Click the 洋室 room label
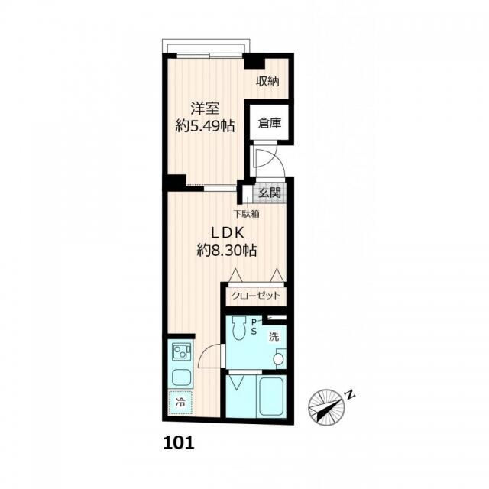205,109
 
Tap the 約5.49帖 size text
205,126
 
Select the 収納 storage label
267,82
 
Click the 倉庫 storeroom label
270,123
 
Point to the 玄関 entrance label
270,193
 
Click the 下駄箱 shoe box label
247,214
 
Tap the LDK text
228,232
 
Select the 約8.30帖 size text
227,250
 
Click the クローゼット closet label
256,296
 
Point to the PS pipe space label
254,327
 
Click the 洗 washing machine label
274,337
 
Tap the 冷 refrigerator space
180,403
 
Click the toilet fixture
239,329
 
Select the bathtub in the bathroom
271,396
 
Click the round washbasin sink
278,358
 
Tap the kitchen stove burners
180,352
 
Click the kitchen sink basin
180,377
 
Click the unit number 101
179,443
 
